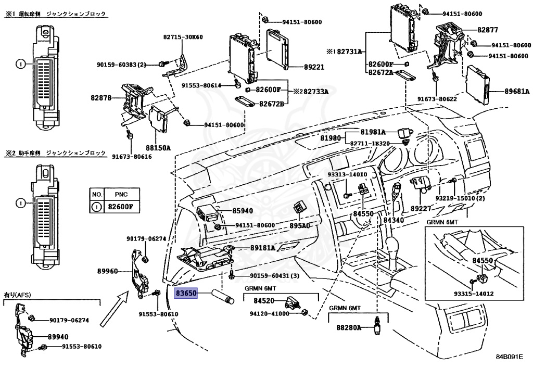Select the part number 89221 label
point(314,67)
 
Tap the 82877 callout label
point(488,30)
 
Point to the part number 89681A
point(517,91)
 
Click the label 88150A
point(158,148)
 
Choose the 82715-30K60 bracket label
point(183,37)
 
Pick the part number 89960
point(107,271)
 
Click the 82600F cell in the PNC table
point(121,207)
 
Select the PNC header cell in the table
point(121,194)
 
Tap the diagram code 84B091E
point(509,357)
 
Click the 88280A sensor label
point(349,327)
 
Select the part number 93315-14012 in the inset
point(474,294)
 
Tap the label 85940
point(243,211)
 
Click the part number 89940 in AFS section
point(58,337)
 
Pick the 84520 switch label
point(264,301)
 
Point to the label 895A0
point(299,225)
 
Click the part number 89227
point(421,208)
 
